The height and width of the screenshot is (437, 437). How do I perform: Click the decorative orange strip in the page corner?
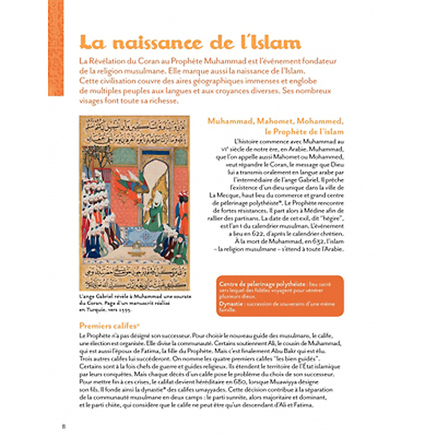55,48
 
